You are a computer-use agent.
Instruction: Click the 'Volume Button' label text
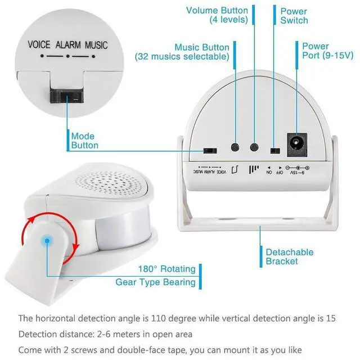(217, 15)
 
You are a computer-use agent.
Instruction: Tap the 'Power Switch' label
(294, 16)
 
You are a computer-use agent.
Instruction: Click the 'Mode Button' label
(84, 141)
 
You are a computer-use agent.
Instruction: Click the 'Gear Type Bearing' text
(156, 282)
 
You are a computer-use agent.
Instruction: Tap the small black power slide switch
(274, 151)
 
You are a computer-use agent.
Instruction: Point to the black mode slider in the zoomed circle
(67, 96)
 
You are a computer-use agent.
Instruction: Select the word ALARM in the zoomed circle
(68, 45)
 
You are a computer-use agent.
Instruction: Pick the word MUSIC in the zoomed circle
(96, 45)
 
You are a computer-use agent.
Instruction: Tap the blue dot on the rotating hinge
(47, 241)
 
